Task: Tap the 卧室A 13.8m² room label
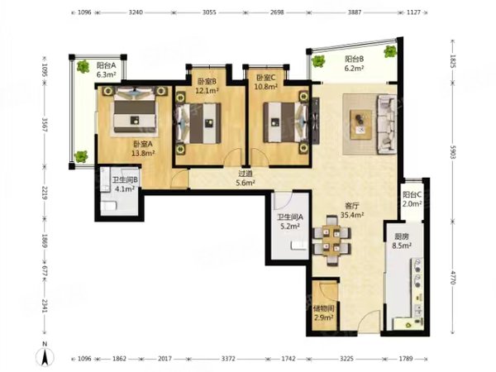click(143, 149)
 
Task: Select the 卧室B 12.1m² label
click(207, 86)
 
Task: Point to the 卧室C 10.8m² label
click(266, 82)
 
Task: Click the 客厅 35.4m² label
click(352, 210)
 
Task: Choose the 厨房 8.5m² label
click(402, 241)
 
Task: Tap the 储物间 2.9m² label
click(323, 312)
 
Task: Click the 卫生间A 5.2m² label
click(290, 222)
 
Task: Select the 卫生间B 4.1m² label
click(125, 184)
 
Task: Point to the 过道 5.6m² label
click(246, 178)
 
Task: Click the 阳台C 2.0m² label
click(412, 199)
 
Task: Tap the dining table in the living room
click(332, 241)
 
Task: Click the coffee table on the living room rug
click(361, 124)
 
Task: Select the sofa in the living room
click(386, 124)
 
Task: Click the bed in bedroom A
click(135, 110)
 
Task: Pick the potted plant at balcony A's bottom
click(81, 156)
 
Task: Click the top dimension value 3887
click(355, 12)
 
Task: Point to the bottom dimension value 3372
click(228, 359)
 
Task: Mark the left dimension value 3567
click(45, 125)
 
